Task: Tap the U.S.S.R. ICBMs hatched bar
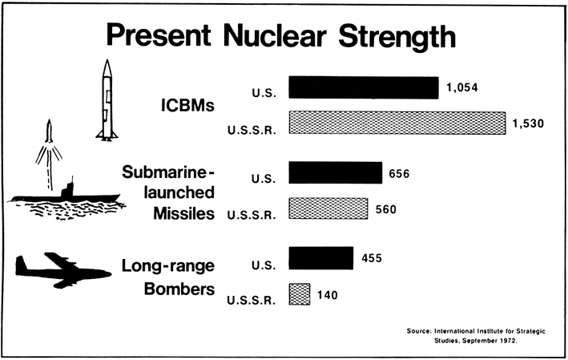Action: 397,123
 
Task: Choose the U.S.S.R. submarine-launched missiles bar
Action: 327,208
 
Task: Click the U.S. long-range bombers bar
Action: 320,258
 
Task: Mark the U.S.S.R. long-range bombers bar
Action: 299,293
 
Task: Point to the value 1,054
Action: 462,87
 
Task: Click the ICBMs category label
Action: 187,105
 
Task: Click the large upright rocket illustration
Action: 105,100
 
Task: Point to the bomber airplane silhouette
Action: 62,271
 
